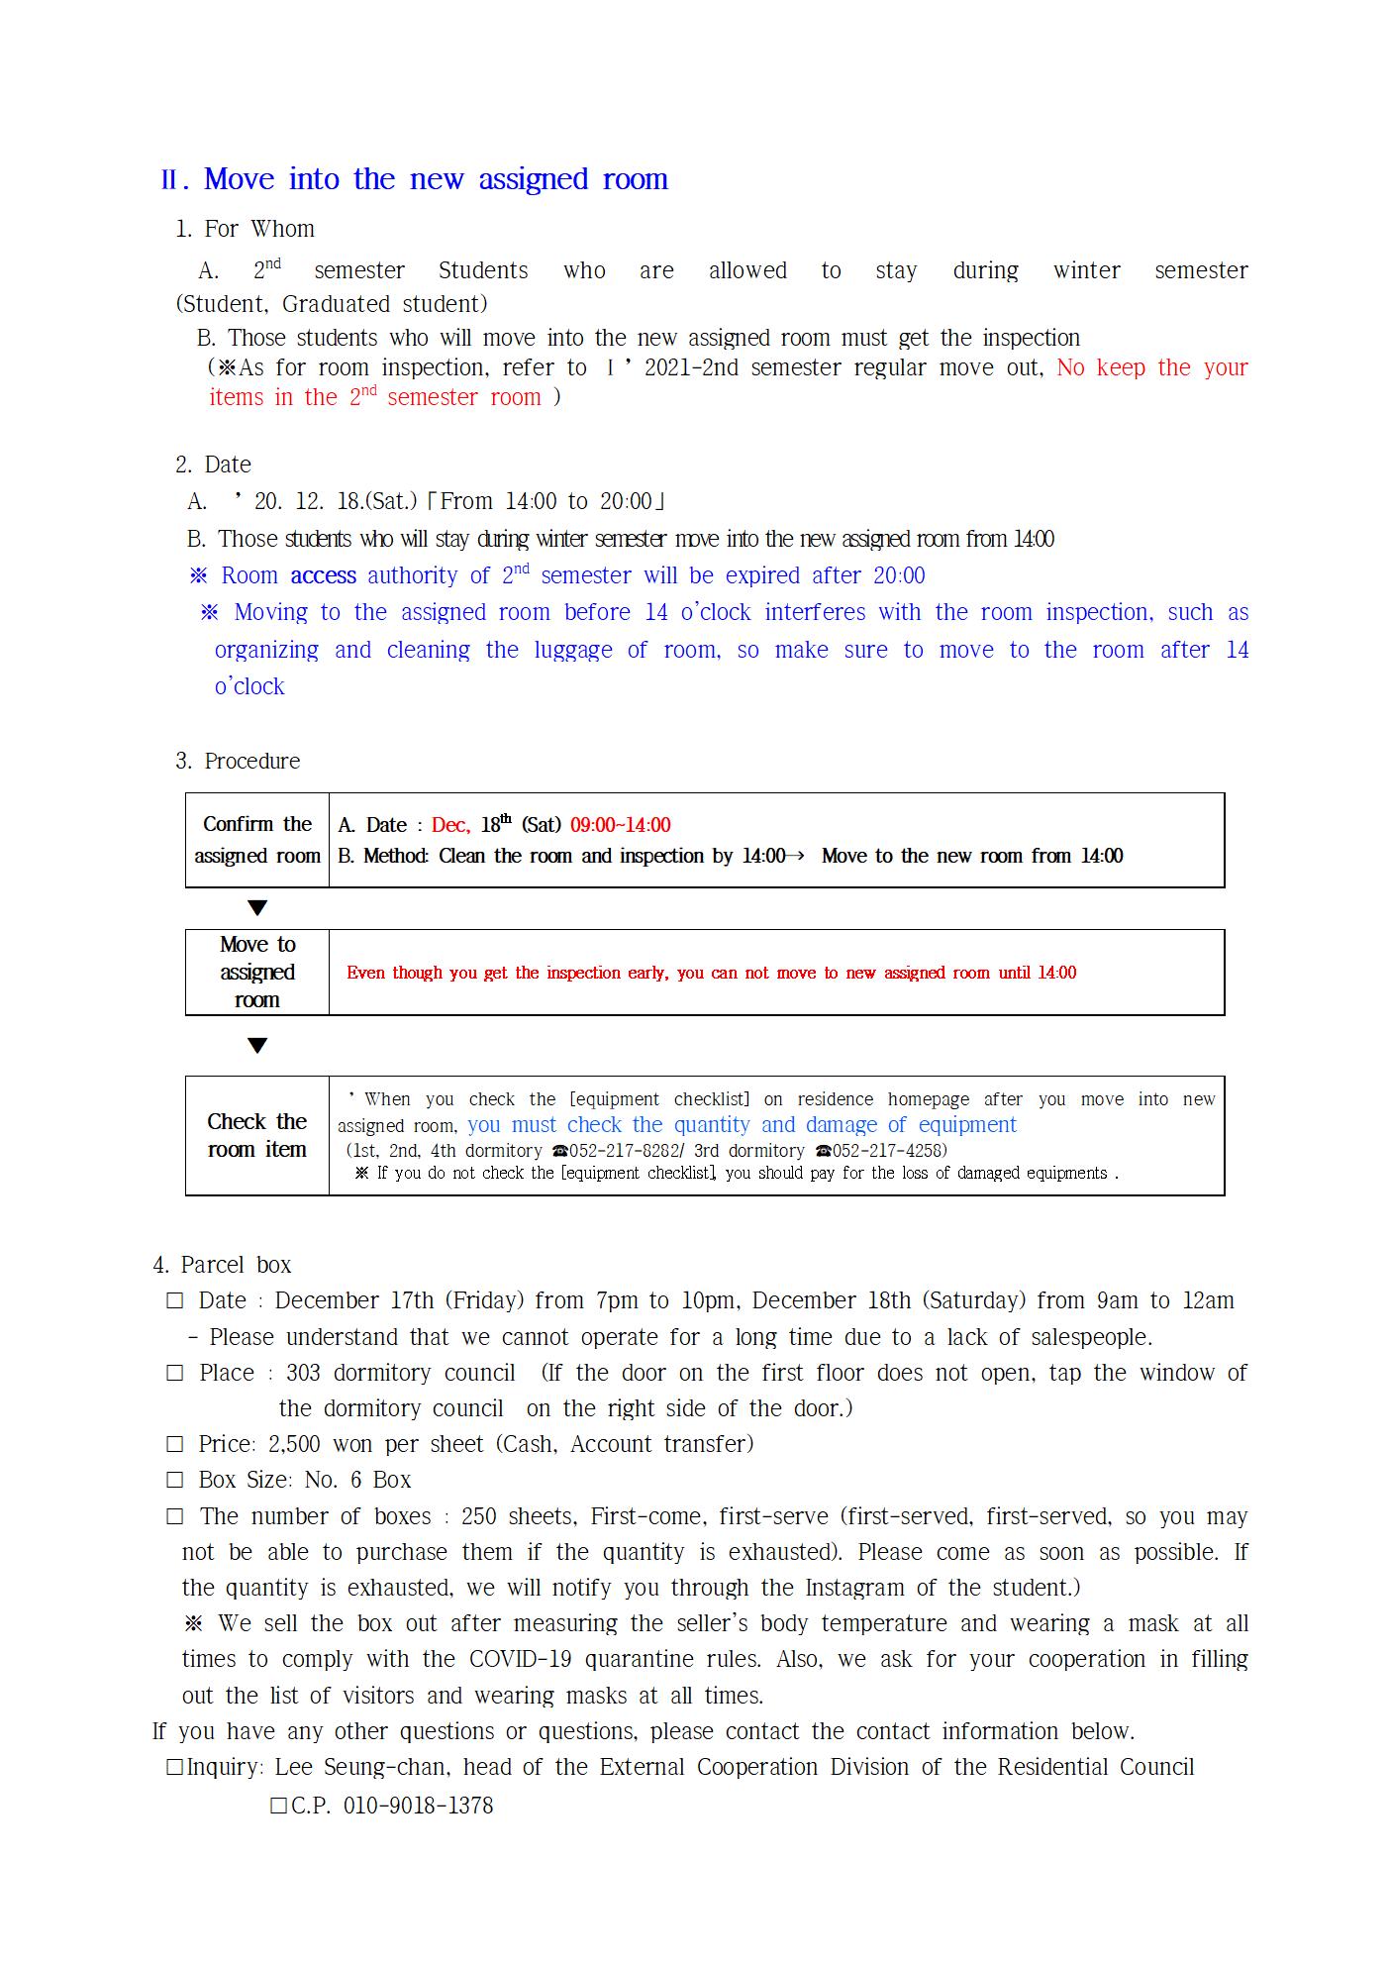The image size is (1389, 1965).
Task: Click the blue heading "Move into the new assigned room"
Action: click(x=436, y=179)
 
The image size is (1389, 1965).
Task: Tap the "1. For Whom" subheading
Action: click(x=245, y=229)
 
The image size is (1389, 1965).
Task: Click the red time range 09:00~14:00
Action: click(x=620, y=825)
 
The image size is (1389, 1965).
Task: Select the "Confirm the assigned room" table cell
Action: click(x=257, y=840)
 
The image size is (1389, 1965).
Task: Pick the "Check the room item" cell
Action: click(x=257, y=1135)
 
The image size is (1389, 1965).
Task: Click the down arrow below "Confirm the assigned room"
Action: click(x=257, y=908)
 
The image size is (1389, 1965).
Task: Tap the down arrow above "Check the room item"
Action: click(x=257, y=1046)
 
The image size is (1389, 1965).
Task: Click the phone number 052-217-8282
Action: click(x=624, y=1151)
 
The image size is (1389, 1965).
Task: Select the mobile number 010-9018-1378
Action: click(x=418, y=1806)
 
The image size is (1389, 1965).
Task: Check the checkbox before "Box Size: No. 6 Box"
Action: click(x=175, y=1481)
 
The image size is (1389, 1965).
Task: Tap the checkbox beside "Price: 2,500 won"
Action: click(x=175, y=1445)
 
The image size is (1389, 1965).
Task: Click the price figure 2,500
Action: click(x=294, y=1444)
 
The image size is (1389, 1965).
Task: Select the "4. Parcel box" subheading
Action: click(x=223, y=1265)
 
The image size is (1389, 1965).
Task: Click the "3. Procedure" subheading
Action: click(x=238, y=761)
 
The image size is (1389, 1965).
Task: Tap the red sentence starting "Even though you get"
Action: click(x=711, y=973)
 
